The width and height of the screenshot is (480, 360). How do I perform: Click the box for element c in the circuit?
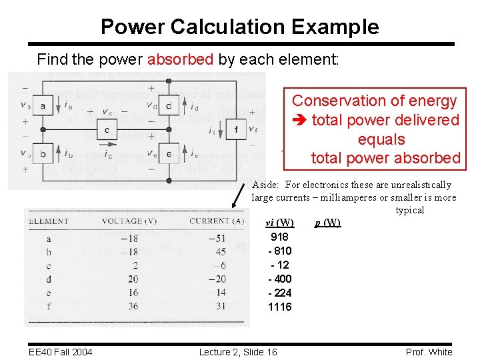click(107, 129)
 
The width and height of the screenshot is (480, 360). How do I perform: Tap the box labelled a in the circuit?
click(43, 105)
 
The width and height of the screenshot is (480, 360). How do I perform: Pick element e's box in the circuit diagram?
click(169, 155)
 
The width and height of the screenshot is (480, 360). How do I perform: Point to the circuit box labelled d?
click(169, 105)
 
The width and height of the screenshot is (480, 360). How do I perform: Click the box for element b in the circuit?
click(43, 155)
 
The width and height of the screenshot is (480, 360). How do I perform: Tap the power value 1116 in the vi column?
click(279, 307)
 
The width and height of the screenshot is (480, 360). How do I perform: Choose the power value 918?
click(279, 237)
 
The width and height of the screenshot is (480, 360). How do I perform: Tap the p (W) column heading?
click(327, 223)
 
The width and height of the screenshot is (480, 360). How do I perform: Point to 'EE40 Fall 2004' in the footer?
click(61, 352)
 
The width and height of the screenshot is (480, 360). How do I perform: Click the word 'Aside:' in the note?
click(266, 185)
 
